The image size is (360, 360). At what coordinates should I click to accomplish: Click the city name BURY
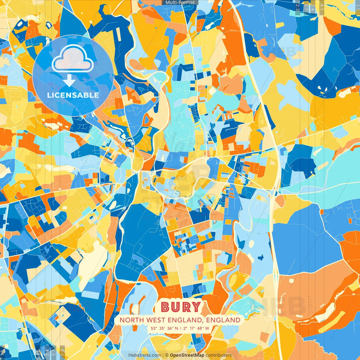coord(181,307)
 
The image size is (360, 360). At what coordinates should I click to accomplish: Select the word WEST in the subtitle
coord(156,320)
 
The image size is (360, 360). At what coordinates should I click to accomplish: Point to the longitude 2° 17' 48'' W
coord(196,328)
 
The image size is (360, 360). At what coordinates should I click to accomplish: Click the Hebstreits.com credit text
coord(145,355)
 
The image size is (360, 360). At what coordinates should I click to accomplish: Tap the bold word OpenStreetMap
coord(187,355)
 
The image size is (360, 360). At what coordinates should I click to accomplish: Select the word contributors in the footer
coord(219,355)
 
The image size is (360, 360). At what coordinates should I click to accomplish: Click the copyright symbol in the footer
coord(166,355)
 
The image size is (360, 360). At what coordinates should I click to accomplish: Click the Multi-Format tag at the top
coord(180,3)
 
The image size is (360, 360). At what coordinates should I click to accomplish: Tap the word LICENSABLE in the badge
coord(73,95)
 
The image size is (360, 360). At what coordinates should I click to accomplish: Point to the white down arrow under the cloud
coord(69,81)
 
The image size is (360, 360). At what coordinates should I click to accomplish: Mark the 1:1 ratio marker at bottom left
coord(3,352)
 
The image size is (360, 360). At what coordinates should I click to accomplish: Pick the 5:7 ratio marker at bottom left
coord(53,352)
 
